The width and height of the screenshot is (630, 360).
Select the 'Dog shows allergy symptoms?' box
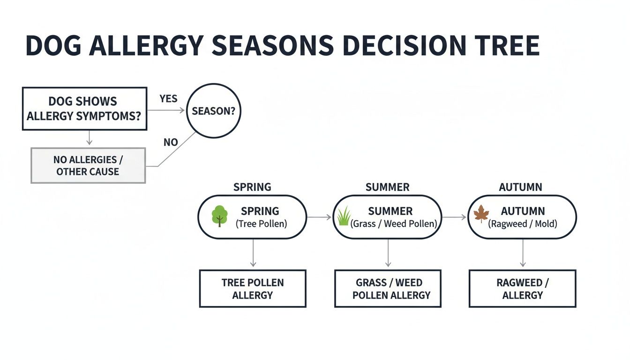[84, 108]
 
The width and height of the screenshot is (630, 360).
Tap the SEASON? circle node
[213, 112]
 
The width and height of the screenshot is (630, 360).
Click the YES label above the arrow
[168, 98]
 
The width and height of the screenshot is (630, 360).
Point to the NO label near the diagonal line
[171, 142]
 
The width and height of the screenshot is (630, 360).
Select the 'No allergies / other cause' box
[88, 165]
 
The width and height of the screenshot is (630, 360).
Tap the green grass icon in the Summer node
[344, 217]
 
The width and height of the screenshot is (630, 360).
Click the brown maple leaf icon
[481, 214]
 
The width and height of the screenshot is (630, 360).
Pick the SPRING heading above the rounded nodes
[252, 187]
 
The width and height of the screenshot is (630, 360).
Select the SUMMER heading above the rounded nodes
[387, 187]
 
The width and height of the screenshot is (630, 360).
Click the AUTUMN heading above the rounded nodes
[520, 187]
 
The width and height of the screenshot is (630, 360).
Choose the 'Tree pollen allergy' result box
[253, 289]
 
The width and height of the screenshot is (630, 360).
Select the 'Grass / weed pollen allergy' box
[388, 289]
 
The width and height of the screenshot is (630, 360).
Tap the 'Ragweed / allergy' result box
[522, 289]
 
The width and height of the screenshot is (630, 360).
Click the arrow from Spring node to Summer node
[319, 217]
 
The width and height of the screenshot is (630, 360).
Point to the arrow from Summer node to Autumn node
[454, 217]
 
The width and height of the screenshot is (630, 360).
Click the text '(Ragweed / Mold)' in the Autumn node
[523, 224]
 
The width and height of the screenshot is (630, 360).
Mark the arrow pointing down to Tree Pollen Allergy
[253, 253]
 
